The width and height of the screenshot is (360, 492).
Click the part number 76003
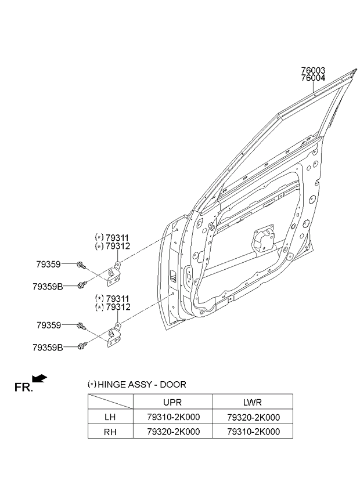click(313, 71)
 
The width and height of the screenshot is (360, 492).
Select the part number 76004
click(313, 78)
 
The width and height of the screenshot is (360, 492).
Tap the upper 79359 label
click(48, 265)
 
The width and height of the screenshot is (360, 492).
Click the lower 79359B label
click(48, 348)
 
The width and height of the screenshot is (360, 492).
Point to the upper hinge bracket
click(114, 274)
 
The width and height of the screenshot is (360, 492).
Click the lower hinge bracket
click(114, 335)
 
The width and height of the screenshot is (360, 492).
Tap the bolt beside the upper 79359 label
click(81, 266)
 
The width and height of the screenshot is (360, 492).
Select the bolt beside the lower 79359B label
click(82, 346)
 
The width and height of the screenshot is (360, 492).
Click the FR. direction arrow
click(40, 378)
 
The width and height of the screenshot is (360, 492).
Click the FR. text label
click(23, 387)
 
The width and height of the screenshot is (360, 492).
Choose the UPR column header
click(172, 402)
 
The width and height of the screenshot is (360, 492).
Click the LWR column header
click(253, 402)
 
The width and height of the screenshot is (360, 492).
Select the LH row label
click(110, 417)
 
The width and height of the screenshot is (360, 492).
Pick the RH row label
click(110, 432)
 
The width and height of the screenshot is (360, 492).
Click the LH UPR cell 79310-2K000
click(174, 417)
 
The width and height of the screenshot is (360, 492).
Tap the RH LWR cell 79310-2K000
click(254, 432)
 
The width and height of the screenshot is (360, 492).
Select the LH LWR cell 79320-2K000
click(254, 417)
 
